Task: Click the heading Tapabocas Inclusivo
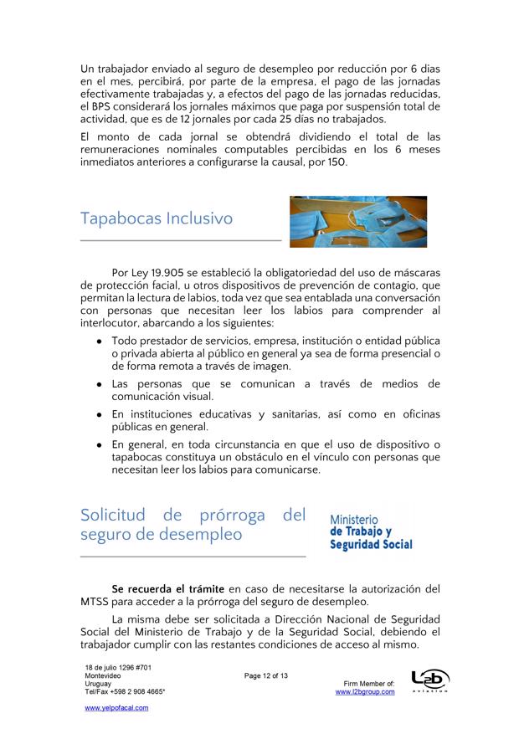(157, 219)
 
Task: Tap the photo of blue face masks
(358, 222)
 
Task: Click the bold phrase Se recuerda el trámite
(167, 590)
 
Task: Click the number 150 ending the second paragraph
(331, 162)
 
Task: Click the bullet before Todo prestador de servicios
(100, 341)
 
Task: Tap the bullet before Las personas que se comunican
(100, 383)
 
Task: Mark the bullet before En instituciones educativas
(100, 414)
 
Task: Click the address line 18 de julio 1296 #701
(118, 667)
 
